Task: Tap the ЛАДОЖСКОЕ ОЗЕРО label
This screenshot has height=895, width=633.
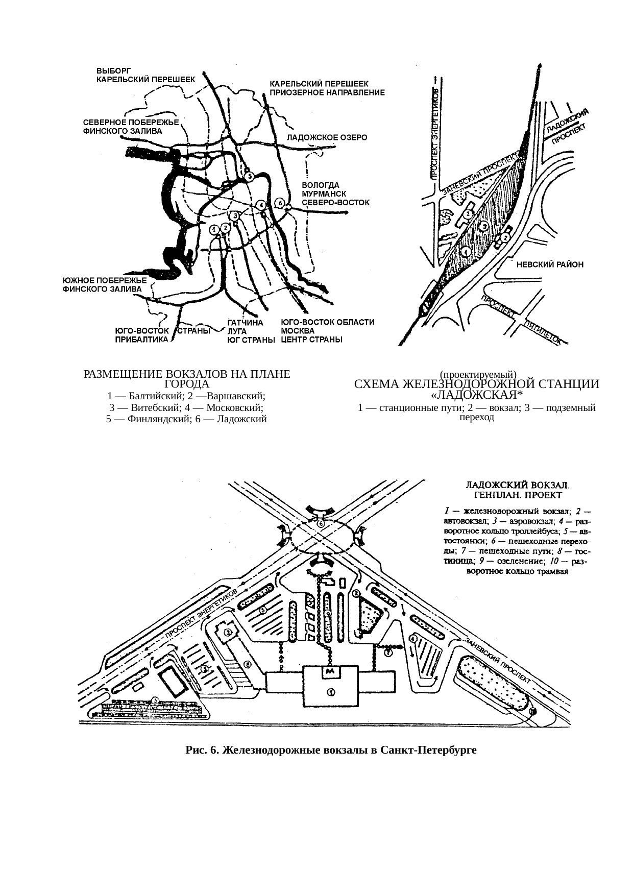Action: coord(327,138)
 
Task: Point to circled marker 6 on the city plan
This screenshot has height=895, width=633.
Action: coord(280,203)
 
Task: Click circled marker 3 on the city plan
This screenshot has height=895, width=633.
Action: coord(235,215)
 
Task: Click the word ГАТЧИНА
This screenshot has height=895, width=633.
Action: coord(245,323)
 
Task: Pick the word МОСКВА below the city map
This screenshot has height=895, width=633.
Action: coord(294,331)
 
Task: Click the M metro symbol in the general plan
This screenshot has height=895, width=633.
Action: coord(330,672)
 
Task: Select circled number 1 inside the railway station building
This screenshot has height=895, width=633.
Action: coord(331,692)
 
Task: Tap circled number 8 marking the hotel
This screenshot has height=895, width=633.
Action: coord(247,665)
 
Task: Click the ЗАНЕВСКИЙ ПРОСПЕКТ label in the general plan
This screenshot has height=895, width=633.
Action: coord(497,661)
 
